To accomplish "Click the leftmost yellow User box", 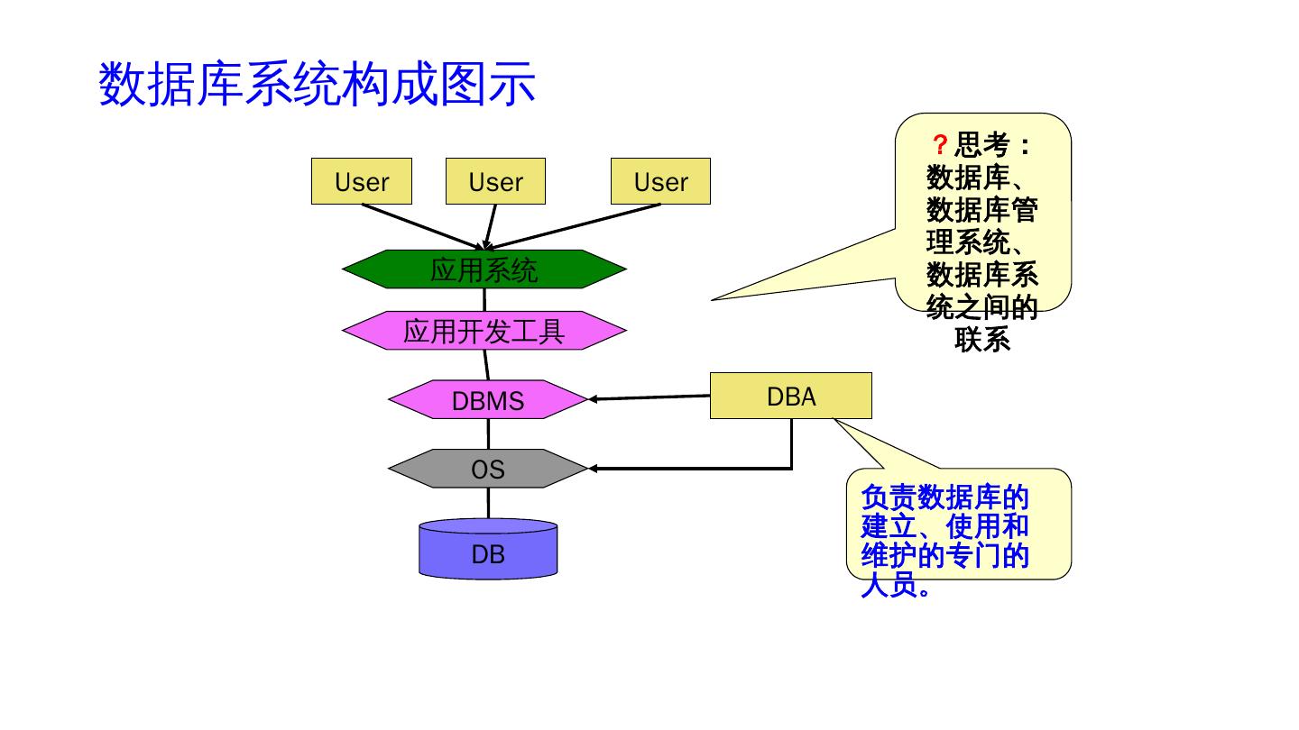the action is coord(361,181).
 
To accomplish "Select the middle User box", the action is coord(496,181).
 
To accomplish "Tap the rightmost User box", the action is coord(660,181).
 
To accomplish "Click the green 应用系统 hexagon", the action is coord(484,269).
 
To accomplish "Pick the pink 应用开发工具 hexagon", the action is coord(484,331).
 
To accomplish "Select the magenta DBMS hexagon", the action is coord(488,399).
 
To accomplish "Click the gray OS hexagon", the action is coord(488,468).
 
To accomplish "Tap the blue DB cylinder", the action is coord(488,549).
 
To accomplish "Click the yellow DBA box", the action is coord(791,396).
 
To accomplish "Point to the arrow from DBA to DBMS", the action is coord(649,397).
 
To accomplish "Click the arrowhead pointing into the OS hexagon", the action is coord(593,468).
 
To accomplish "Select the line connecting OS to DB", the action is coord(488,503).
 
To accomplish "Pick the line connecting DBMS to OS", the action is coord(488,434).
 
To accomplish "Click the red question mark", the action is coord(940,145).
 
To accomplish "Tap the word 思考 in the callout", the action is coord(982,145).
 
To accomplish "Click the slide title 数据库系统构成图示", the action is coord(317,85).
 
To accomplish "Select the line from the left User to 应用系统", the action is coord(423,226).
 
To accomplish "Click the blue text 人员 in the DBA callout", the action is coord(889,586).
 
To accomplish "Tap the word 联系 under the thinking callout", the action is coord(982,340).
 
